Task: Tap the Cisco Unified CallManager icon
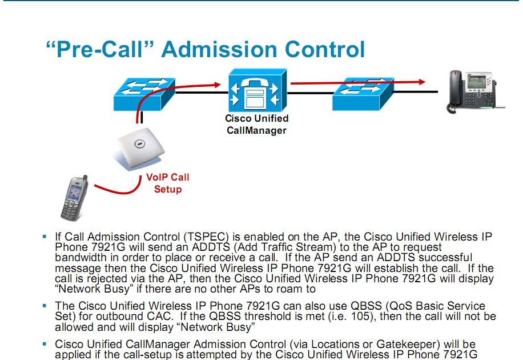[x=257, y=90]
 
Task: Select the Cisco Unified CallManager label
[x=256, y=124]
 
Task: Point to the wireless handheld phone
[x=74, y=198]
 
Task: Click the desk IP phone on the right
[x=475, y=92]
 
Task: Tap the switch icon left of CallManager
[x=144, y=94]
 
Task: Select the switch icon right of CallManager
[x=363, y=94]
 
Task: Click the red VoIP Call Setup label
[x=168, y=183]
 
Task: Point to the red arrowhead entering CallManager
[x=218, y=85]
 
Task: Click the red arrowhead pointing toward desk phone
[x=423, y=82]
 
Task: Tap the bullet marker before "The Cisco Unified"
[x=45, y=306]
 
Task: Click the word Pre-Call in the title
[x=100, y=49]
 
